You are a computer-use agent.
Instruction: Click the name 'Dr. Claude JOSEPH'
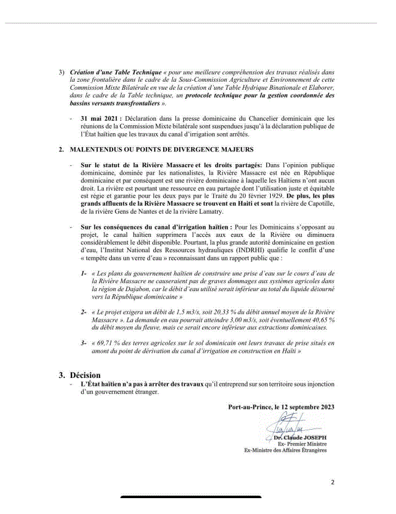(299, 438)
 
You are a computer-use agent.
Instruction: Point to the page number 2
(332, 482)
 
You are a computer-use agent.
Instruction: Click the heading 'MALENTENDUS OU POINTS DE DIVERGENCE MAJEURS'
(150, 149)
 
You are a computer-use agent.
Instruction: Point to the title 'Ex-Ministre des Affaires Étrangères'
(285, 451)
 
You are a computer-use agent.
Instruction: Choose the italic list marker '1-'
(84, 273)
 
